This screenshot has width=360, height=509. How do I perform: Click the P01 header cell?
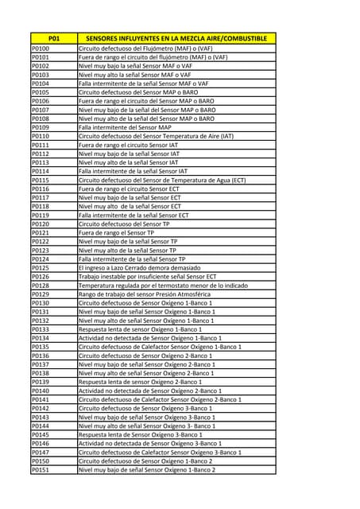point(53,38)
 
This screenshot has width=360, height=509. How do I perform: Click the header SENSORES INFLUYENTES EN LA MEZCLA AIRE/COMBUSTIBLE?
point(176,38)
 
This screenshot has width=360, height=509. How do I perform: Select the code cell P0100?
point(41,49)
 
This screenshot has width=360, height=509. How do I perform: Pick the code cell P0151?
point(41,470)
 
